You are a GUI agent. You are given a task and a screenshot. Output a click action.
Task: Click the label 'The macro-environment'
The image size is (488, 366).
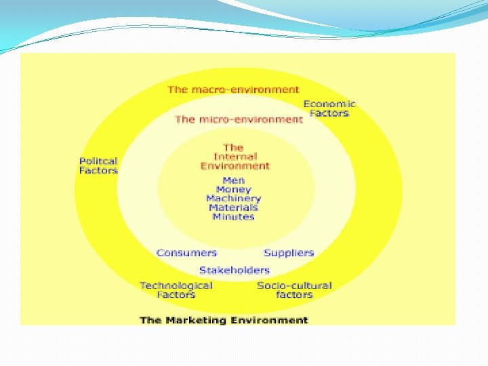233,89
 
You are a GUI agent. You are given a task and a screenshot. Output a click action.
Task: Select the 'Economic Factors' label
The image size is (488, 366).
329,108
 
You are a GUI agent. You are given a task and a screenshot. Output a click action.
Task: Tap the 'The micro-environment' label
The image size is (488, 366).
239,119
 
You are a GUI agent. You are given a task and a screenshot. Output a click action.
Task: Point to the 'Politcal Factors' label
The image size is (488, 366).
98,166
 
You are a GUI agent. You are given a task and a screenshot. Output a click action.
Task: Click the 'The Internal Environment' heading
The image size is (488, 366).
235,157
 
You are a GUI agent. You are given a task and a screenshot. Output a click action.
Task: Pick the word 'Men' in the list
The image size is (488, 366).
233,181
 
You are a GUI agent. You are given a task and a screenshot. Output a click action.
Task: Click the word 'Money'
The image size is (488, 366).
233,190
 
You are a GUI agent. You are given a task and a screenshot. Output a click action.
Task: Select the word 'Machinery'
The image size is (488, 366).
233,199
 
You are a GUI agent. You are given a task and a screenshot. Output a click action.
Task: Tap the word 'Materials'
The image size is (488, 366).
233,207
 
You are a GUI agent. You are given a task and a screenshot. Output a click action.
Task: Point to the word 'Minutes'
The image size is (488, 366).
233,217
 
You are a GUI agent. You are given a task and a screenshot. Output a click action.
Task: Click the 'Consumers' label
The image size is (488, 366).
186,253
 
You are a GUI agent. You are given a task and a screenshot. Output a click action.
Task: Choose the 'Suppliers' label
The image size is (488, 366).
289,253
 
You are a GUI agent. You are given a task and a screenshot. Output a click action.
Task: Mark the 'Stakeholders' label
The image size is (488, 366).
235,270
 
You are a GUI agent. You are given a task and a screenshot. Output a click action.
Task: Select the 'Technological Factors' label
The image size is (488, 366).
176,290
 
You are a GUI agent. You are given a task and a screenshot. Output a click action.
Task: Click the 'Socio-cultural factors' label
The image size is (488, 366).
294,290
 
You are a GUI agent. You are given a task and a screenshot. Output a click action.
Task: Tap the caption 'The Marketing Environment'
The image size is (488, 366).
224,320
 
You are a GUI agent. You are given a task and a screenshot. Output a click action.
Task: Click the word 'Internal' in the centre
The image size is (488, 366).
235,157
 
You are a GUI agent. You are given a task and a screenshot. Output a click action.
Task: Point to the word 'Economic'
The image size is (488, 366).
329,104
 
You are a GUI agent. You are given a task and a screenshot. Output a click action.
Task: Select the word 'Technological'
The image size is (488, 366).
176,285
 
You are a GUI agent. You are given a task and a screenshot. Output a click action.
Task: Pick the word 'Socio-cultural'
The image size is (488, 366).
294,285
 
